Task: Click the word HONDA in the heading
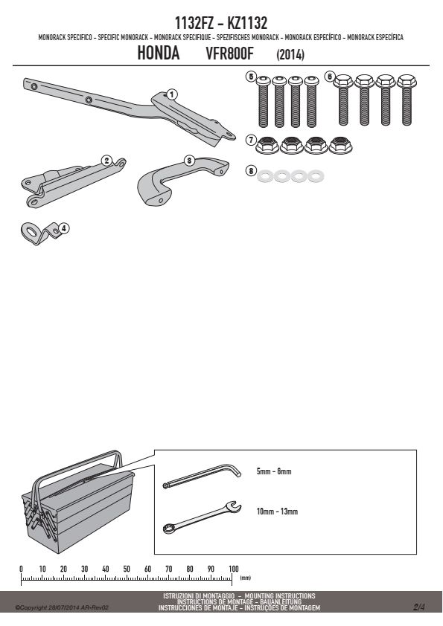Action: pos(159,53)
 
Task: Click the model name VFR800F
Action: pos(229,54)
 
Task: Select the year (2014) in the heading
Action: pos(290,54)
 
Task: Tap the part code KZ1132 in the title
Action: pos(247,23)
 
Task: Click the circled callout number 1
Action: pos(171,94)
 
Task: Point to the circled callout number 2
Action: pos(106,161)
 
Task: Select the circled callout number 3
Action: pos(189,161)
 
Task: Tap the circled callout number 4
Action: pos(64,228)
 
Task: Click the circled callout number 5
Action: pos(251,76)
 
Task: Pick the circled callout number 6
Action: pos(329,76)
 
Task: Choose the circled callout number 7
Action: pos(251,140)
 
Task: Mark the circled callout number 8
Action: pos(251,171)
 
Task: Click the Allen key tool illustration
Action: pos(202,476)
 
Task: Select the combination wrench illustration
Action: pos(202,517)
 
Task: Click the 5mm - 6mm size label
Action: pos(274,471)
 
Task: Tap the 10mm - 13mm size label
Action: pos(277,512)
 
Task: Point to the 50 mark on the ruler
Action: pos(127,569)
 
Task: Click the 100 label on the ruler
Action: pos(234,569)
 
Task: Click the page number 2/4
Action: pos(419,607)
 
